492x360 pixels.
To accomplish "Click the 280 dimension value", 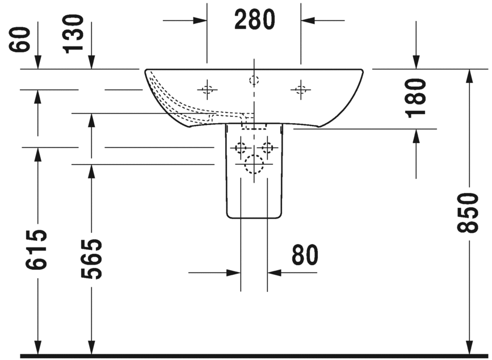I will click(x=254, y=20).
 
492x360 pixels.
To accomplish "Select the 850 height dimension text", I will click(x=470, y=212).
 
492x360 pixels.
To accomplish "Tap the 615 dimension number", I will click(x=36, y=250).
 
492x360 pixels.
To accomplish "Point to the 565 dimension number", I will click(x=91, y=259).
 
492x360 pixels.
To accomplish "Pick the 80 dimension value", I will click(x=305, y=256).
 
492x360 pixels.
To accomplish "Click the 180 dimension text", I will click(x=417, y=97).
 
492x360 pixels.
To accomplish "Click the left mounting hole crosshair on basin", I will click(x=207, y=89).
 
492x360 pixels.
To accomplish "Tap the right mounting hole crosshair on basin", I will click(x=300, y=89).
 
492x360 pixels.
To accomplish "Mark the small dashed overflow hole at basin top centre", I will click(x=254, y=80).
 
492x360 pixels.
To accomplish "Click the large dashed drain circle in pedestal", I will click(x=254, y=165).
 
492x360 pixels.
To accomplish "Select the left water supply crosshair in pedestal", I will click(x=241, y=149).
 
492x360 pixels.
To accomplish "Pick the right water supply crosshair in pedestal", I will click(x=267, y=149).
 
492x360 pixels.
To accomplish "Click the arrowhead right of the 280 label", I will click(x=308, y=20).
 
